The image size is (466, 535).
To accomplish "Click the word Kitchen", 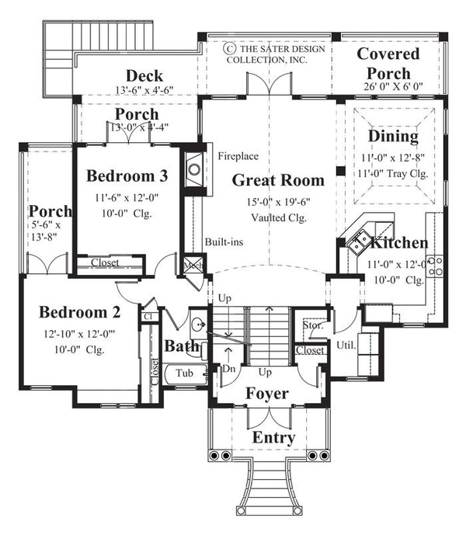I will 398,243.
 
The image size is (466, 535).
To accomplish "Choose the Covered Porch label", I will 388,62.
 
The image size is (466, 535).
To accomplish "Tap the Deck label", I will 144,75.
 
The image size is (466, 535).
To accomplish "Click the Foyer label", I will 266,394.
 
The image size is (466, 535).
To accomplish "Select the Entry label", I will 273,438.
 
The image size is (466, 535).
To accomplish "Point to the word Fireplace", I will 237,155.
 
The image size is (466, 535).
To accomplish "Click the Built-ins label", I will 224,241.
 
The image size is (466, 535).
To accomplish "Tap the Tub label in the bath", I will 184,373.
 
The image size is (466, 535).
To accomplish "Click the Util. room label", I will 346,343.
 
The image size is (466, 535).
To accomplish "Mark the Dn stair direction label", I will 229,370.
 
